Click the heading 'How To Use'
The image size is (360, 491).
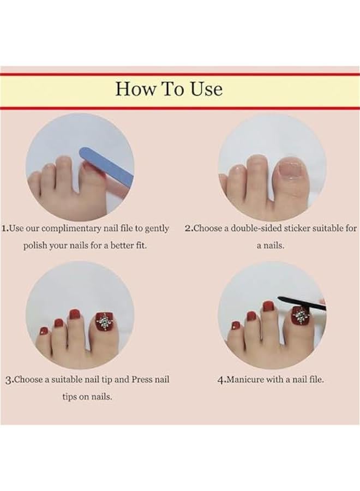(x=169, y=89)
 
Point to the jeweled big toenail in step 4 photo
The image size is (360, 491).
(x=300, y=315)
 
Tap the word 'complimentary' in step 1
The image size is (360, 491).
(x=73, y=229)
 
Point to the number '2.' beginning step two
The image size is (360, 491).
(x=189, y=229)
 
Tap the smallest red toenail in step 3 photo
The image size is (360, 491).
(x=43, y=331)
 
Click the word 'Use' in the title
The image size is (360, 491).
(x=206, y=89)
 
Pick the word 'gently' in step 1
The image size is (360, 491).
(x=156, y=229)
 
